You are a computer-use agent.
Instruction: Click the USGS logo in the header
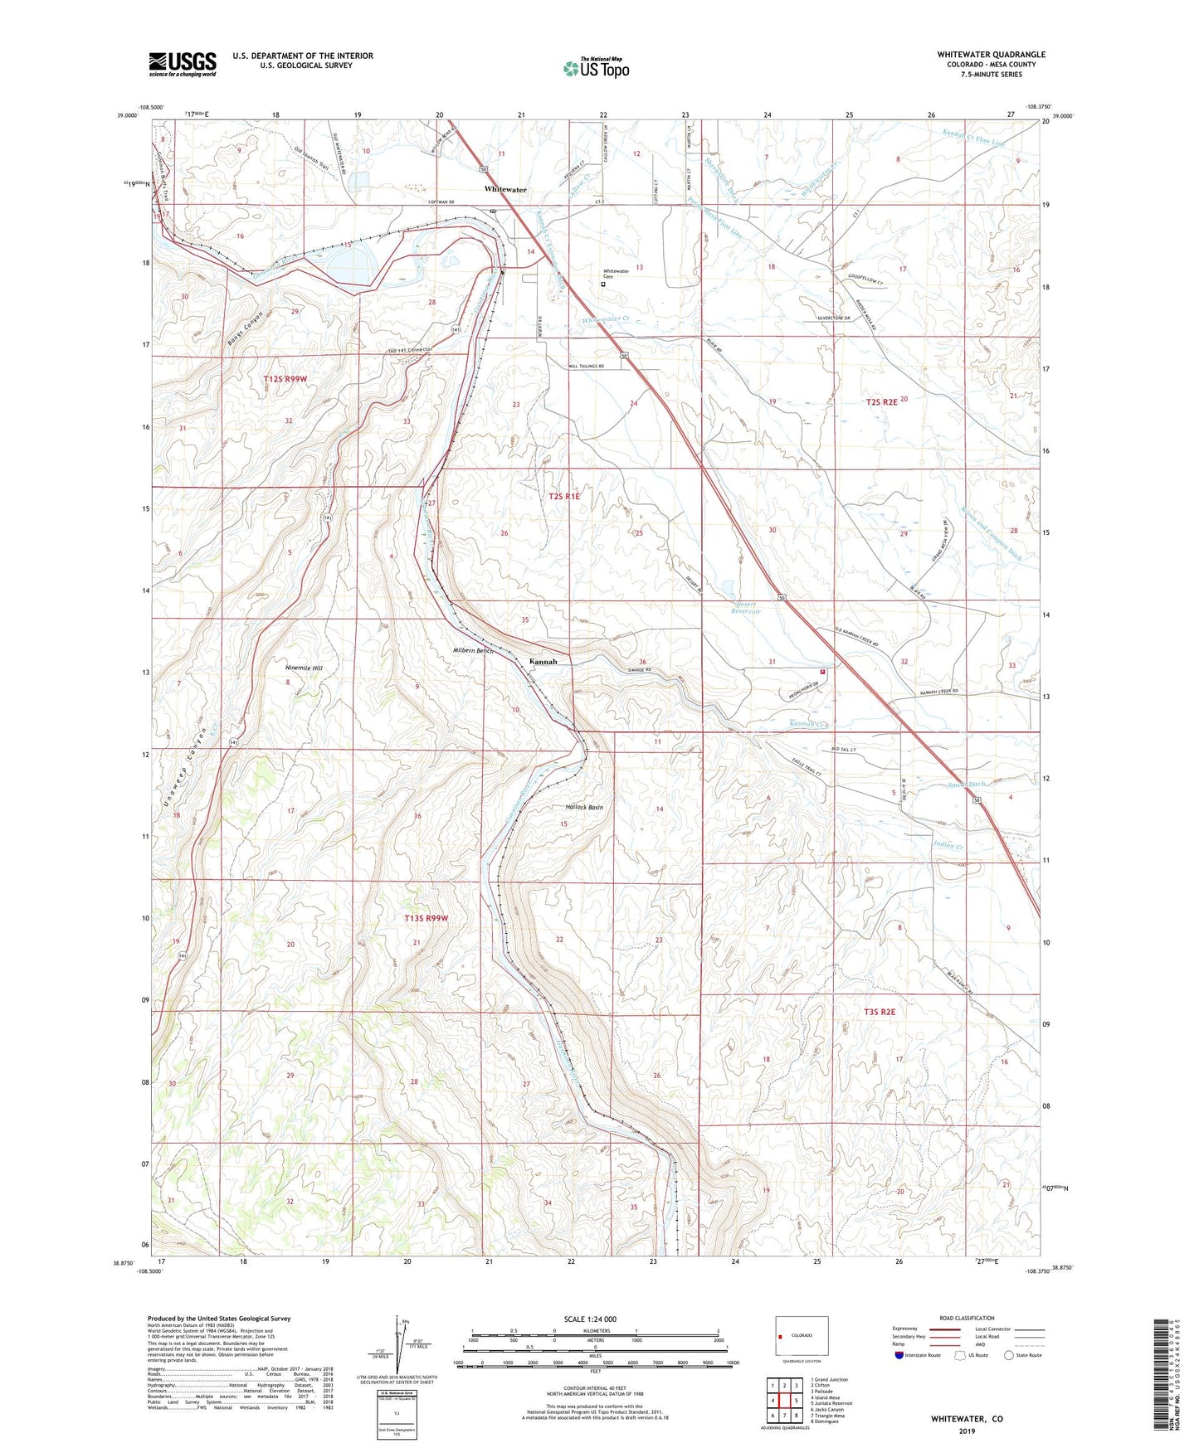(183, 63)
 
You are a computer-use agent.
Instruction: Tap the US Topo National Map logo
(595, 67)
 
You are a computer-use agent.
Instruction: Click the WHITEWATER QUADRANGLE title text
(991, 55)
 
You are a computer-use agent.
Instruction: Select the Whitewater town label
(505, 190)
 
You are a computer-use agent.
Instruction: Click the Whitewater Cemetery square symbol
(603, 284)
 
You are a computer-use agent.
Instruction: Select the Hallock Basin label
(584, 807)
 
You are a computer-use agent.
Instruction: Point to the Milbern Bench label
(473, 651)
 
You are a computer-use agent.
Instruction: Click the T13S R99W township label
(426, 918)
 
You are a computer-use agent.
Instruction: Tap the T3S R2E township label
(880, 1012)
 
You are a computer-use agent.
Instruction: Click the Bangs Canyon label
(243, 329)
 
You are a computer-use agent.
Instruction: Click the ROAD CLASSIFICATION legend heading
(966, 1318)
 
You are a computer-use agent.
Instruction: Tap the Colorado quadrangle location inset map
(801, 1336)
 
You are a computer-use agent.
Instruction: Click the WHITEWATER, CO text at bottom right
(966, 1419)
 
